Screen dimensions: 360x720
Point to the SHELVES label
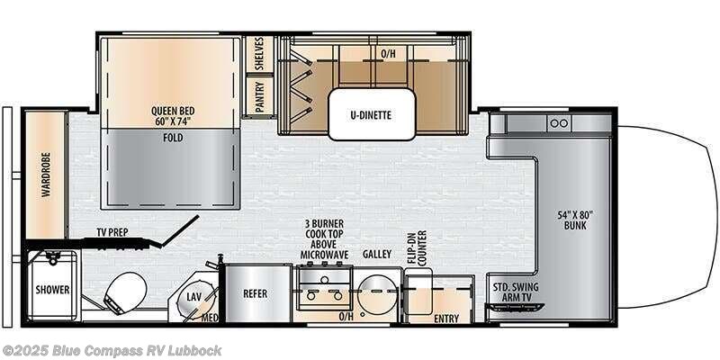tap(259, 55)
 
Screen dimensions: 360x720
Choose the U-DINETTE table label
tap(371, 114)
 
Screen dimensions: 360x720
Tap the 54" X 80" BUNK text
tap(577, 220)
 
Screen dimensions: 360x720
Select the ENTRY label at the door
tap(445, 318)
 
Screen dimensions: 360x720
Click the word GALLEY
tap(377, 255)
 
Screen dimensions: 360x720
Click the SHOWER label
tap(52, 290)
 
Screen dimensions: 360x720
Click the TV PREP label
tap(112, 232)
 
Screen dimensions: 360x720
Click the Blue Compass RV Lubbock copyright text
tap(112, 350)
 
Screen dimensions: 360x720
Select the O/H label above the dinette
tap(389, 54)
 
